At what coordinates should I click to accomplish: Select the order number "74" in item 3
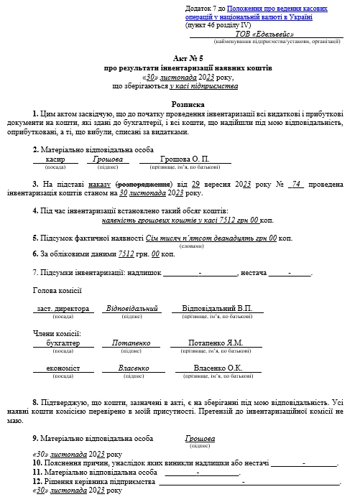(292, 183)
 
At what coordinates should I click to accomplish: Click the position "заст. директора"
(63, 308)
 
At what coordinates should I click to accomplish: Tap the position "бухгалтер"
(60, 343)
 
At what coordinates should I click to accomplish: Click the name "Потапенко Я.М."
(216, 343)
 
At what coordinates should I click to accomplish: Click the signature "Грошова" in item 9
(200, 437)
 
